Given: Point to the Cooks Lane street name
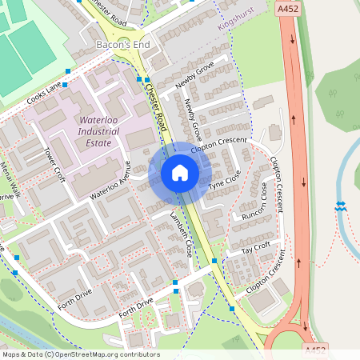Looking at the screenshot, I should [43, 95].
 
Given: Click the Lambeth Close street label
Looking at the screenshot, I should [182, 234].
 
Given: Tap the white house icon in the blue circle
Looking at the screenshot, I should [180, 173].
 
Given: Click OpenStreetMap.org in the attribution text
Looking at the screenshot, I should [85, 354].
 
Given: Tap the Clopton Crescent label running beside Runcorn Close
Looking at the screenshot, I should [276, 184].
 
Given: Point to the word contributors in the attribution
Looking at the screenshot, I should [138, 354].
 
